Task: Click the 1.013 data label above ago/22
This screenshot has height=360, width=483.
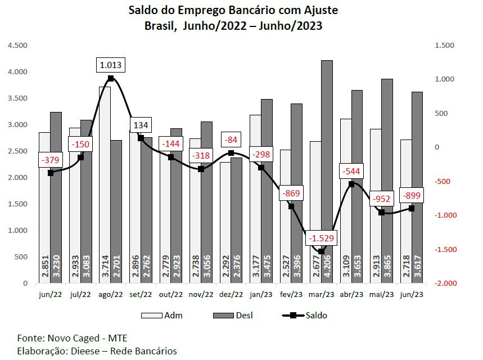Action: pos(110,65)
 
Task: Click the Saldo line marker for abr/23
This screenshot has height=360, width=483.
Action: pos(351,184)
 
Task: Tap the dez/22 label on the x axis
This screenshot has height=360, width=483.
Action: pos(231,294)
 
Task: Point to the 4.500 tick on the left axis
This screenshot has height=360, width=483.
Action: pos(17,46)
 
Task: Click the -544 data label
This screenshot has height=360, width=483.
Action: pos(351,170)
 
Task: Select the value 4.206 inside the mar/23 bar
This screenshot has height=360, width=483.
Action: pos(327,268)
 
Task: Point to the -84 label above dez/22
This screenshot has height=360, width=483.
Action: pos(231,139)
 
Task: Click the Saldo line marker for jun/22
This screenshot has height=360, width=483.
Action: pos(51,173)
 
